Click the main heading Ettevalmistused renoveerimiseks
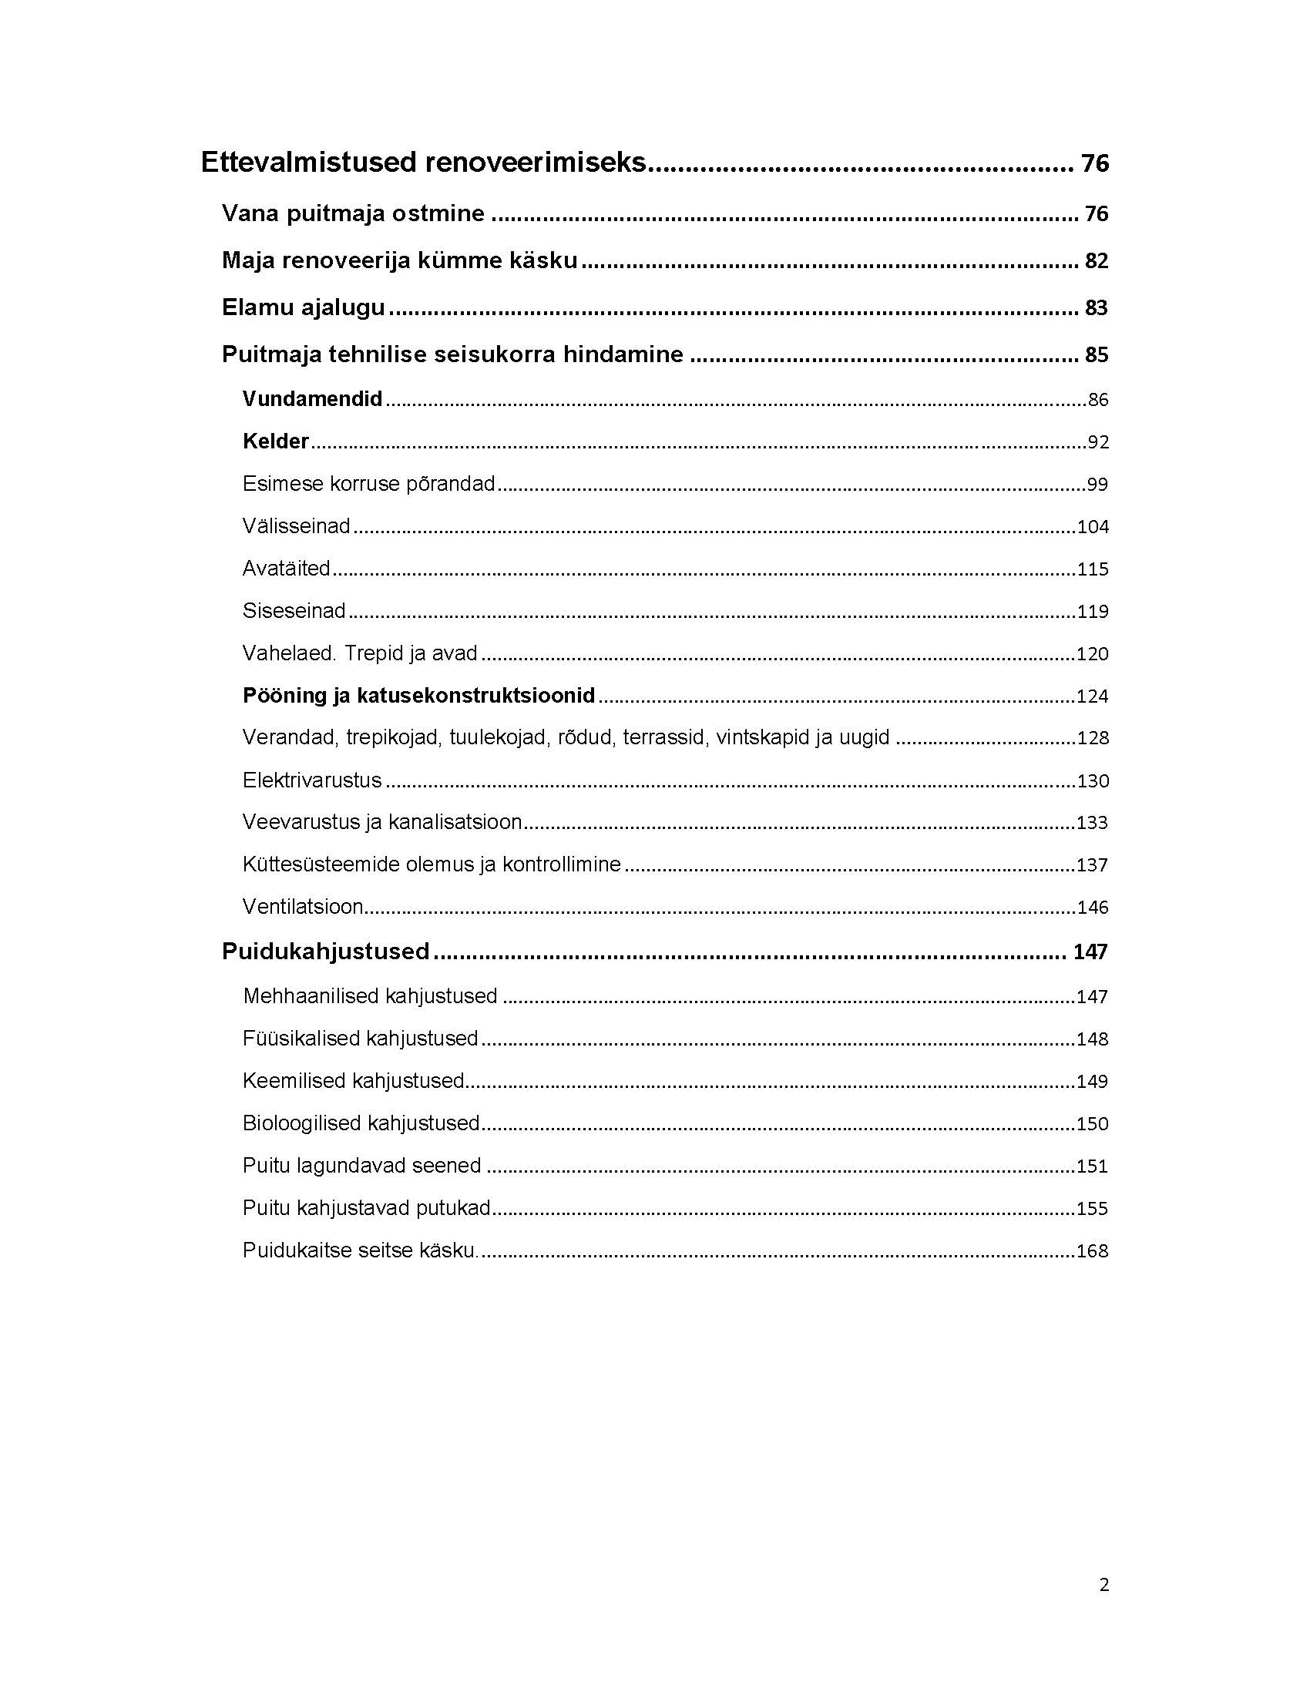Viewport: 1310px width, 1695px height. (x=423, y=163)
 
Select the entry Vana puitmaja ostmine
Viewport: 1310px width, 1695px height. (x=353, y=213)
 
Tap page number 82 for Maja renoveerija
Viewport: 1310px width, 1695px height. (x=1096, y=260)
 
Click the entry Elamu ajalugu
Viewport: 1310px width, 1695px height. (x=304, y=307)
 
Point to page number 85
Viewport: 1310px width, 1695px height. (x=1096, y=354)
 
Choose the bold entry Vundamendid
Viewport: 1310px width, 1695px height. (x=312, y=399)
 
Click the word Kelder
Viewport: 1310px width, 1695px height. (x=276, y=441)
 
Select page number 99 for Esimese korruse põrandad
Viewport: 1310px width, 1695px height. (x=1097, y=485)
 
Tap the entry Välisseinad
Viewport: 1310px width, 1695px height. (x=297, y=526)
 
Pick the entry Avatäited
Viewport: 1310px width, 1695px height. (x=287, y=568)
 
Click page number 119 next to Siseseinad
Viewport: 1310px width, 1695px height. (x=1093, y=612)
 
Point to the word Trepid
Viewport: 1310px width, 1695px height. (x=373, y=653)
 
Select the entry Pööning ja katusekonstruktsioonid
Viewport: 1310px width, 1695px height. (x=418, y=696)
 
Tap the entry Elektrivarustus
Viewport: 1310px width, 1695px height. (x=312, y=780)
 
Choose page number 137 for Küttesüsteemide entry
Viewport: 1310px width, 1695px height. (x=1092, y=864)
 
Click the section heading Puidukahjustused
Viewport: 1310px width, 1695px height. (x=325, y=952)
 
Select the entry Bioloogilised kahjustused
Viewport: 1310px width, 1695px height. (x=361, y=1123)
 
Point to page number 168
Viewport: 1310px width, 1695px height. (x=1092, y=1250)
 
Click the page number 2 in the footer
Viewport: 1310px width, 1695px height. (x=1103, y=1585)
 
